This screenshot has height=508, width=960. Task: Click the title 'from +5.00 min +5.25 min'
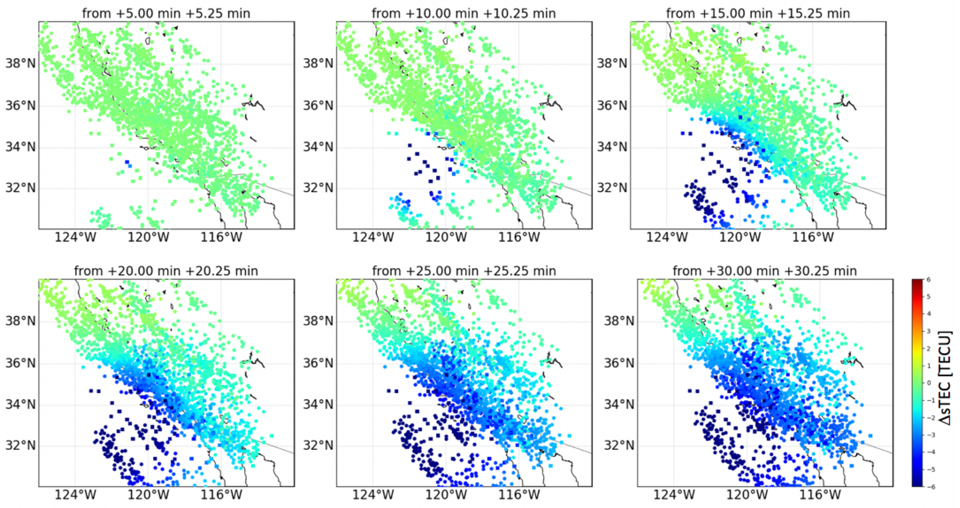[166, 13]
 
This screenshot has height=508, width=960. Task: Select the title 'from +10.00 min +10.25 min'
[464, 13]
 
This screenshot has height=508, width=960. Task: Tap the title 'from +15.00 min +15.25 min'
[758, 13]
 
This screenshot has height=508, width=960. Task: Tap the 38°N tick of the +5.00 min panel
[20, 63]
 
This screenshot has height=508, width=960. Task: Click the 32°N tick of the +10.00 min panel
[318, 188]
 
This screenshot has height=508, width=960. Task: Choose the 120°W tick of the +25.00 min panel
[446, 495]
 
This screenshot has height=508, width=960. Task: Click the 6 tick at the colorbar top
[928, 280]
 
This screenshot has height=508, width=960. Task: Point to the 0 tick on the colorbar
[928, 383]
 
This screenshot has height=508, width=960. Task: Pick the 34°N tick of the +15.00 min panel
[612, 147]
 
